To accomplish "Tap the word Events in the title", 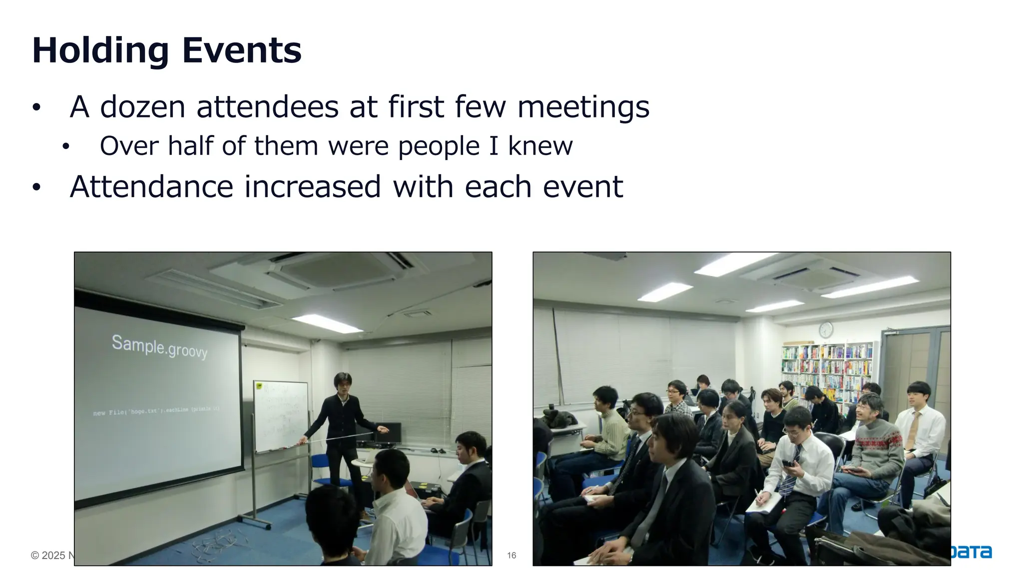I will (x=242, y=50).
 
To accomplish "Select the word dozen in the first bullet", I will (x=142, y=107).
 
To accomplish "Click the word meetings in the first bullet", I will (x=583, y=107).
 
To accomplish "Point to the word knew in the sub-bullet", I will (x=540, y=146).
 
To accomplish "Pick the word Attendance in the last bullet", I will (x=151, y=187).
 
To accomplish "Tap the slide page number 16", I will (x=511, y=555).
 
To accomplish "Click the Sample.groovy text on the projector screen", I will (x=159, y=346).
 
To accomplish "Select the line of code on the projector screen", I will (x=156, y=411).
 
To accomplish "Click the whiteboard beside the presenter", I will (x=280, y=415).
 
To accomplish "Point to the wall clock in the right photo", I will (x=826, y=329).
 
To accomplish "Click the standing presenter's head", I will (x=343, y=384).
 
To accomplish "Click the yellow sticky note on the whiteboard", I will (x=259, y=385).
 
